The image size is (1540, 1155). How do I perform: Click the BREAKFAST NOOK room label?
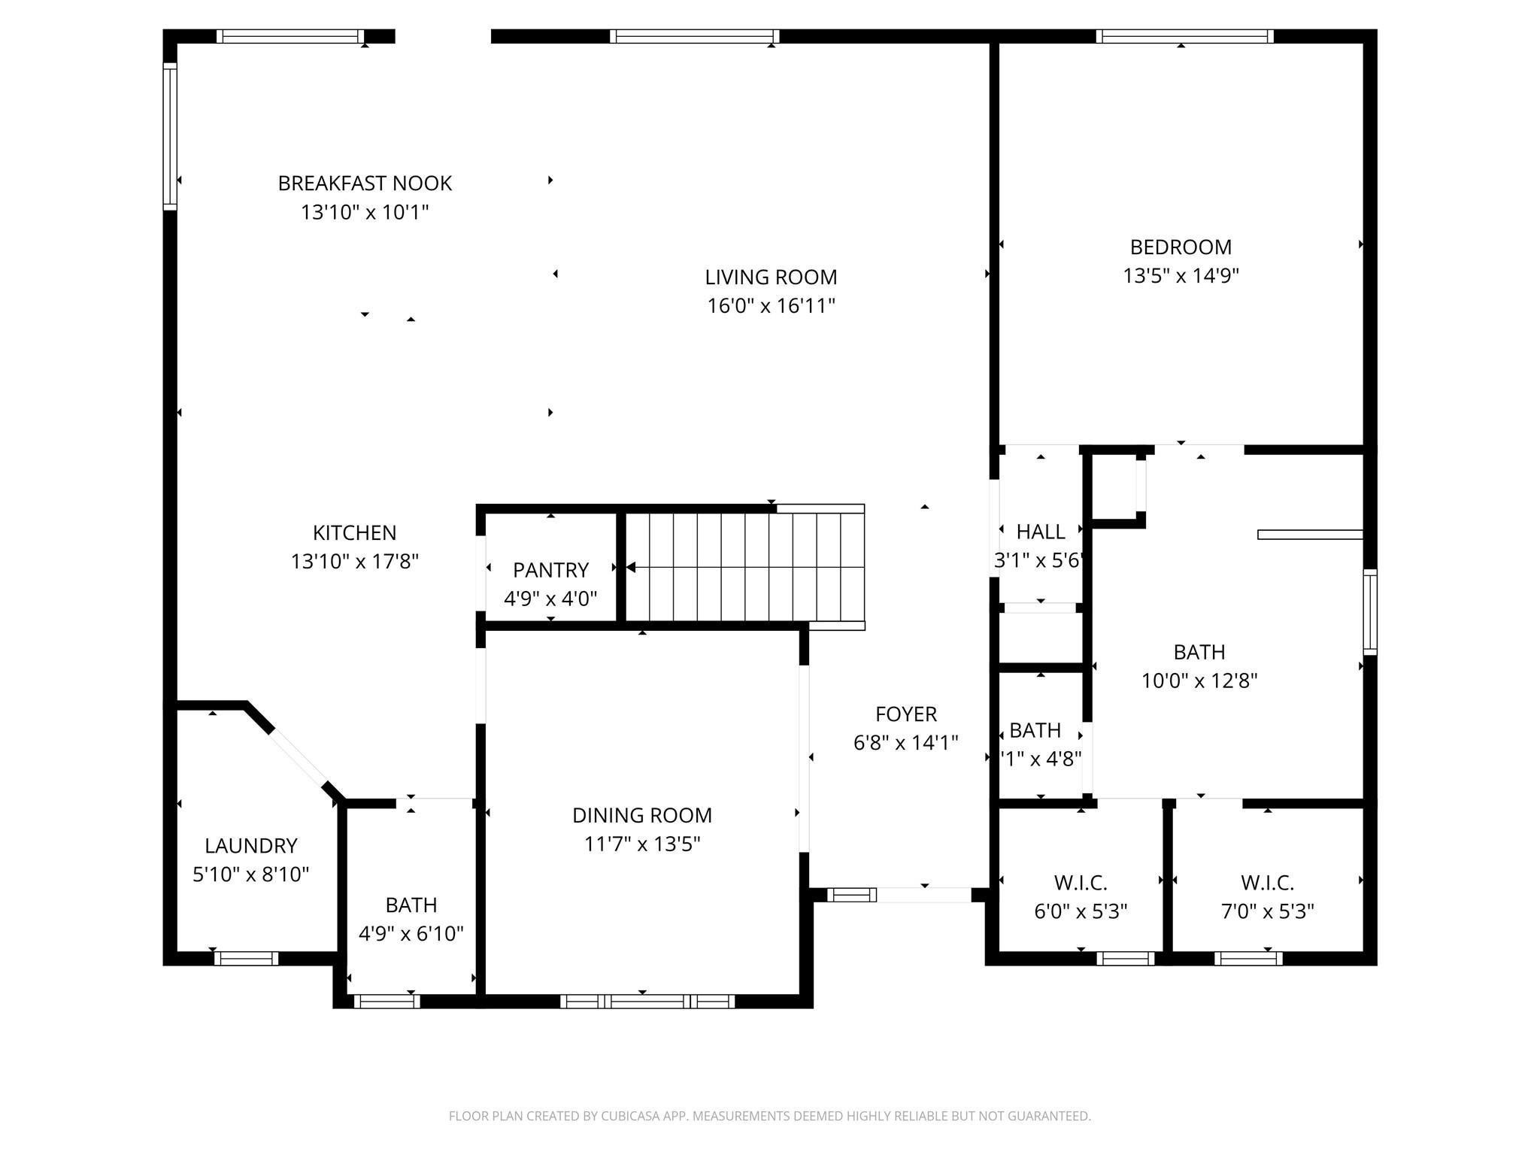pos(365,183)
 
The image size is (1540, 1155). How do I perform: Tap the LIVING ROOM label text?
pos(771,277)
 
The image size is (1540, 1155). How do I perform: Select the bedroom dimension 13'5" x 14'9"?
pos(1181,276)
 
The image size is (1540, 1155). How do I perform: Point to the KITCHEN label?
pos(354,533)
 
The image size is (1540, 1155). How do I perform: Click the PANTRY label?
pos(550,570)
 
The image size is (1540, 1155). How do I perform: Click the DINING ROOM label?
pos(642,815)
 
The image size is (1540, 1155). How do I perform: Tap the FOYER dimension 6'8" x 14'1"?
pos(905,743)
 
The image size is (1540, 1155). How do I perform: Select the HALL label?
pos(1041,532)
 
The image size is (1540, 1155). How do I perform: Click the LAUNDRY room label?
pos(251,846)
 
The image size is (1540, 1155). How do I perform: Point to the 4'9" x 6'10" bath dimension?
pos(411,934)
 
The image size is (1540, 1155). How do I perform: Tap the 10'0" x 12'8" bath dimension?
pos(1199,681)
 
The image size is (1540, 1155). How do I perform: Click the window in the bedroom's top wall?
pos(1184,36)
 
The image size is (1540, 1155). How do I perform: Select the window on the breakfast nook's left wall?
pos(170,135)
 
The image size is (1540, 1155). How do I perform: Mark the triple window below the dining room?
pos(647,1001)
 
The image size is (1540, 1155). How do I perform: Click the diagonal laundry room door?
pos(298,757)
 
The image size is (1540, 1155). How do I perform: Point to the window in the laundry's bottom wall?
pos(246,958)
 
